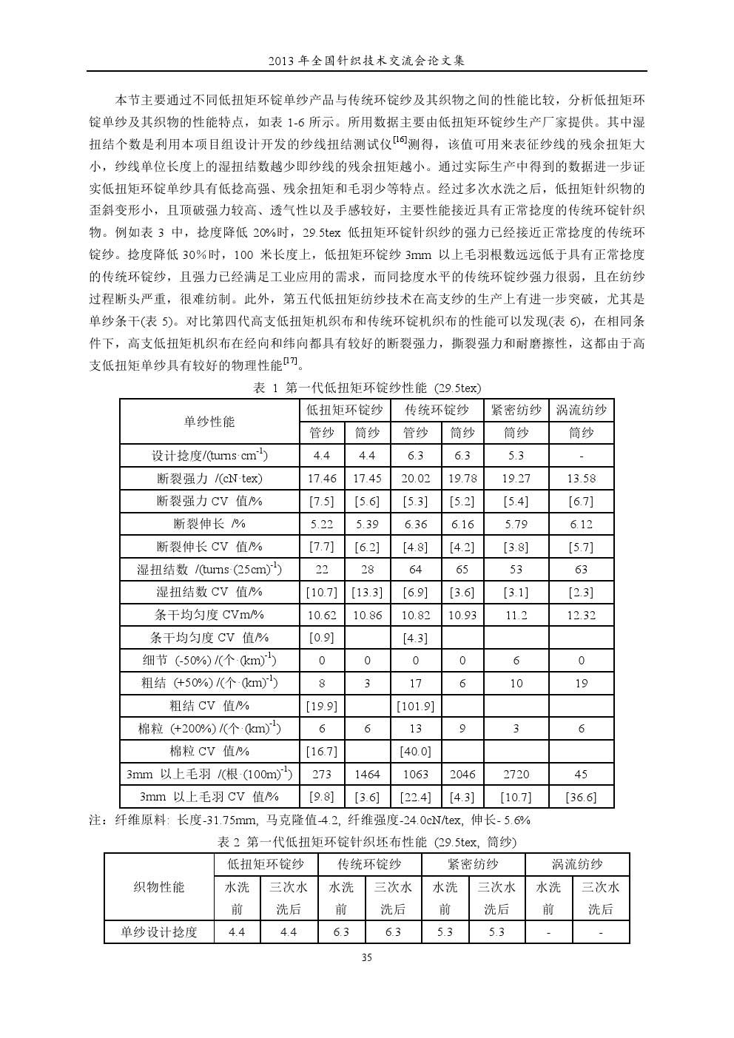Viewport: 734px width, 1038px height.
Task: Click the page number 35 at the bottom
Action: tap(366, 958)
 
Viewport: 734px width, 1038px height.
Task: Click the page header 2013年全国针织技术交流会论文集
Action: tap(366, 61)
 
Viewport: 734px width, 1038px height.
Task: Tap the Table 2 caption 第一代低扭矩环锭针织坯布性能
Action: tap(367, 842)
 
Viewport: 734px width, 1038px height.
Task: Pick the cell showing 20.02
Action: tap(416, 479)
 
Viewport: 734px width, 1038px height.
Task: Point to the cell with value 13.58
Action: tap(581, 479)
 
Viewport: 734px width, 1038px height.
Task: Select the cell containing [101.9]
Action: tap(416, 706)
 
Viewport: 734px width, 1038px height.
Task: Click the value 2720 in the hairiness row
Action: tap(516, 775)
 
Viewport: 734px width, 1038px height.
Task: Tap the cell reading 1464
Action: tap(367, 775)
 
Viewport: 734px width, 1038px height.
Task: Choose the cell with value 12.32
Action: tap(581, 615)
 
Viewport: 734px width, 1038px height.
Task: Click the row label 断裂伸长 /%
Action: tap(209, 524)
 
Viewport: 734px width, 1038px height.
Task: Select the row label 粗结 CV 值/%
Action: tap(209, 706)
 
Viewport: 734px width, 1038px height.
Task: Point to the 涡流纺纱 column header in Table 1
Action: tap(581, 410)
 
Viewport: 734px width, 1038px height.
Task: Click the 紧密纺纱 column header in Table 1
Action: tap(516, 410)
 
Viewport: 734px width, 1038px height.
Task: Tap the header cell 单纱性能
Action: tap(209, 422)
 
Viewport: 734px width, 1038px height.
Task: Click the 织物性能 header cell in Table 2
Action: tap(159, 886)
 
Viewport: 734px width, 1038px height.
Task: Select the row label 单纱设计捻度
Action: tap(159, 932)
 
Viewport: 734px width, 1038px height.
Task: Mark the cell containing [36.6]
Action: tap(581, 797)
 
